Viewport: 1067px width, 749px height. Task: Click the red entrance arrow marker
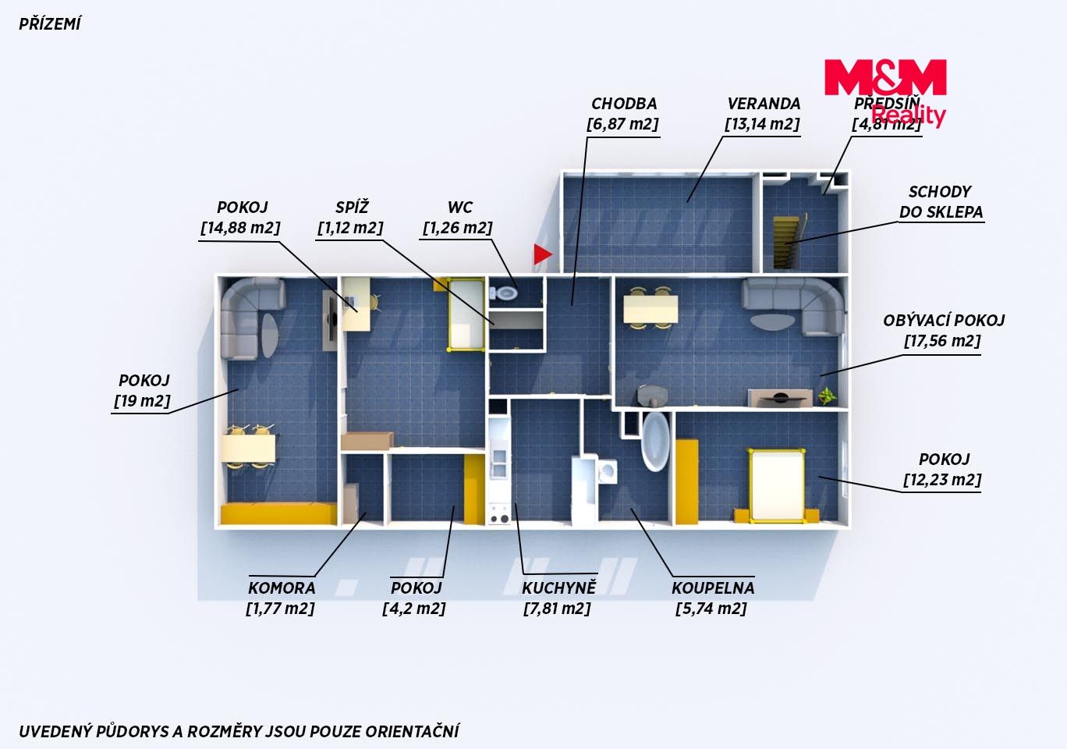[543, 254]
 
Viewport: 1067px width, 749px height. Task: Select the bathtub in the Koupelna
[655, 441]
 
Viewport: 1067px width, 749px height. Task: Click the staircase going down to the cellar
[786, 243]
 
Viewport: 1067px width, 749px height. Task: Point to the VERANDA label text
[764, 104]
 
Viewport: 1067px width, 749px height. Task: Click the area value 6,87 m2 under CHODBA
[622, 124]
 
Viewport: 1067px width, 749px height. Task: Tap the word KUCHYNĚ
[558, 587]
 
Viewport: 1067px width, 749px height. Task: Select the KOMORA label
[282, 587]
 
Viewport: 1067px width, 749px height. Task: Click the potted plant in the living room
[827, 395]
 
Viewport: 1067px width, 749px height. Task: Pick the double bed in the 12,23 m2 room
[776, 485]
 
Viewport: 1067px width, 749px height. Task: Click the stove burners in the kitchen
[498, 515]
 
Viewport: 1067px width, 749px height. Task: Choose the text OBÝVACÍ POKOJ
[944, 321]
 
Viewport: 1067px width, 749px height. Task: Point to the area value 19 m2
[142, 401]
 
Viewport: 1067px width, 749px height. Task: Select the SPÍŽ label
[352, 208]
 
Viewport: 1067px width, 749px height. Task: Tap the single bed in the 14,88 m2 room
[466, 314]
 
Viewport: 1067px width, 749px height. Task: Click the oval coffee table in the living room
[772, 321]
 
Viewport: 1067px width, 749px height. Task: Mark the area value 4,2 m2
[414, 609]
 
